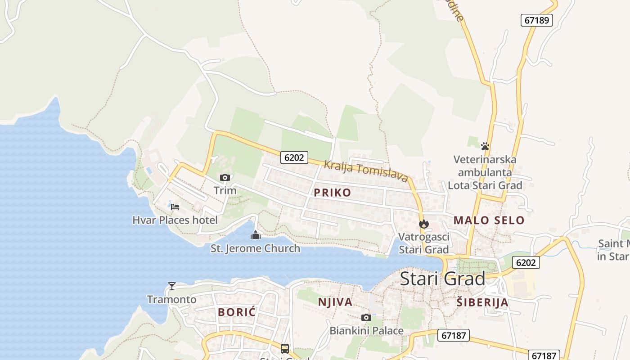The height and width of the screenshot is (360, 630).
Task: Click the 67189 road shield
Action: [536, 20]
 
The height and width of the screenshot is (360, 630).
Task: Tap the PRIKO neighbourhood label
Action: [332, 193]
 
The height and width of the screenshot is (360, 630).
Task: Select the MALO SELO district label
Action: [489, 220]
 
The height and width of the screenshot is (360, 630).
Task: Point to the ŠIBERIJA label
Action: [482, 302]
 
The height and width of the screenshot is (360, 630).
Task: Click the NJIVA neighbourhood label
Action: [335, 302]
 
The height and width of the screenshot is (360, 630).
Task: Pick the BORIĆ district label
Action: [237, 312]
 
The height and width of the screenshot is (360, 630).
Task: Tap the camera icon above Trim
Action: [225, 178]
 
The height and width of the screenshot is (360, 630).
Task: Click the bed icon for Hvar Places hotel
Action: [175, 207]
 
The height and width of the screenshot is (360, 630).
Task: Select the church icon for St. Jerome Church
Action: [255, 235]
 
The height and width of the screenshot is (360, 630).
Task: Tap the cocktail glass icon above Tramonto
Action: [171, 286]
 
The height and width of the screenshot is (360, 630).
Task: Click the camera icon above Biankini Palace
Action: [366, 318]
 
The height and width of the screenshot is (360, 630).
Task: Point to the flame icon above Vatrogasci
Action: [423, 224]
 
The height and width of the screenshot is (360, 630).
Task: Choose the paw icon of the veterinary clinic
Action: [485, 146]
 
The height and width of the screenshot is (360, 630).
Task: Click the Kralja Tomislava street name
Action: [365, 171]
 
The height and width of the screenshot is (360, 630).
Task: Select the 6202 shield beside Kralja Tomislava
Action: [294, 157]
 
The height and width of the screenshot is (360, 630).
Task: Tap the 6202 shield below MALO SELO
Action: [526, 262]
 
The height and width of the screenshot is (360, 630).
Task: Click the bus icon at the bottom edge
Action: [284, 348]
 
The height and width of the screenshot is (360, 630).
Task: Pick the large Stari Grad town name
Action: [442, 279]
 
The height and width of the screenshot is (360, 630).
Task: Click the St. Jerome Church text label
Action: [255, 248]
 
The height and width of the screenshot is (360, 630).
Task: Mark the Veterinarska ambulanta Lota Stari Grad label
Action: [485, 172]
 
